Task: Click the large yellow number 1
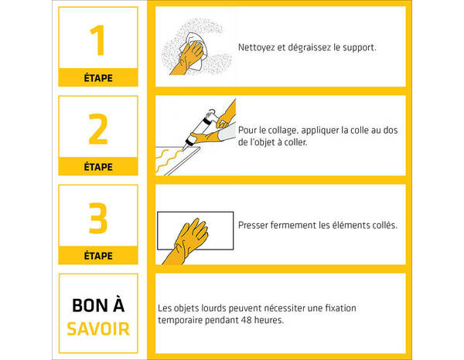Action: tap(97, 40)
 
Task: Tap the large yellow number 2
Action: tap(98, 129)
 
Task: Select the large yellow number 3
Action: tap(98, 218)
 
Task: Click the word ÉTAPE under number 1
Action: tap(98, 78)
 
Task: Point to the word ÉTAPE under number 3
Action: tap(98, 256)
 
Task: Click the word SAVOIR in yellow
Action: tap(98, 329)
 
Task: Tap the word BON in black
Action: tap(85, 306)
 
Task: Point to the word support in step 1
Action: tap(360, 48)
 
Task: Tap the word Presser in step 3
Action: tap(253, 226)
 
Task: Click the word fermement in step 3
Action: tap(293, 226)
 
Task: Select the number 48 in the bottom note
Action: tap(246, 320)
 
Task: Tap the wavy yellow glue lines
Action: tap(169, 161)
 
